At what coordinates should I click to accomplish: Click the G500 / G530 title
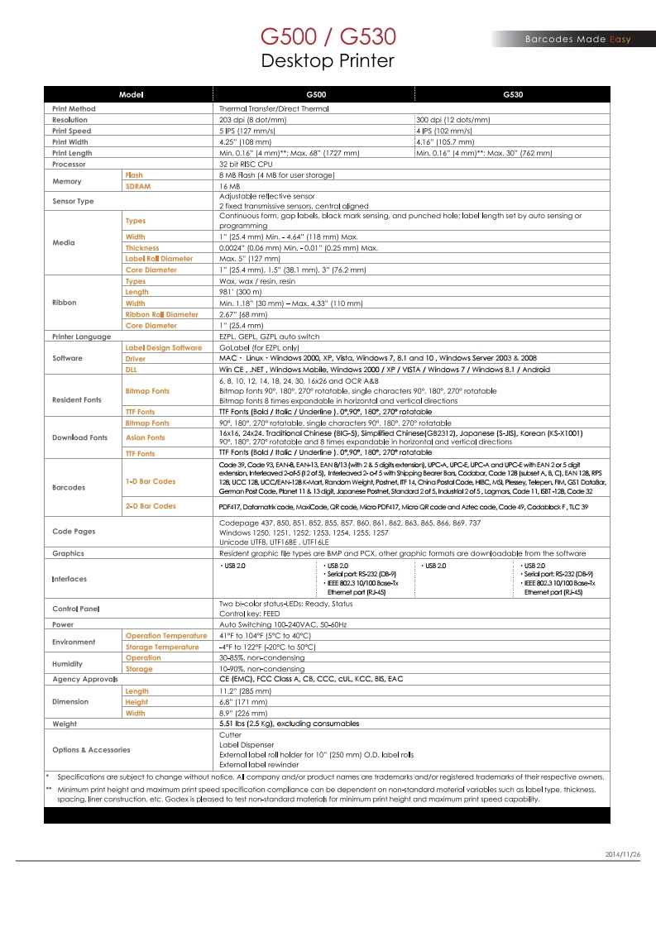click(328, 37)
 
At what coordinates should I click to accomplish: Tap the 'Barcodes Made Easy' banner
click(577, 39)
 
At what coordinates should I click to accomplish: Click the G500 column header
click(316, 95)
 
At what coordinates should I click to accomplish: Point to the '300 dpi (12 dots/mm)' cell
click(453, 120)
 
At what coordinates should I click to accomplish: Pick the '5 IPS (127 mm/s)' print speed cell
click(249, 131)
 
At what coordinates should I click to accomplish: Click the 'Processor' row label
click(69, 164)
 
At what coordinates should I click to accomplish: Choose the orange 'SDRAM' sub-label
click(138, 186)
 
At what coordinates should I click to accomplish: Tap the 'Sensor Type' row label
click(73, 201)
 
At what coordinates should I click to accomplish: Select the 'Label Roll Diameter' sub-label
click(159, 259)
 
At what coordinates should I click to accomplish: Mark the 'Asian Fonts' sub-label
click(145, 437)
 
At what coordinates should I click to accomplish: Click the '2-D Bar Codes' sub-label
click(151, 505)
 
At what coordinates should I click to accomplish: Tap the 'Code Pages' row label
click(74, 532)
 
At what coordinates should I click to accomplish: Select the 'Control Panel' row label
click(76, 609)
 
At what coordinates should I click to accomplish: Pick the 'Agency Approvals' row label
click(80, 679)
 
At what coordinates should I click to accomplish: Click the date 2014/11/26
click(622, 853)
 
